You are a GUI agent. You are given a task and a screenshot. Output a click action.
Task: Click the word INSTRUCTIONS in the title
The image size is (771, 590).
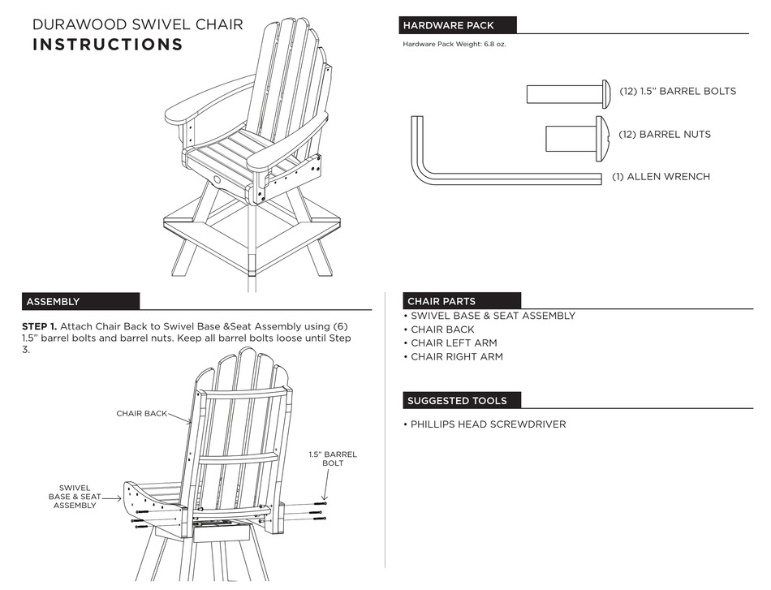[x=107, y=45]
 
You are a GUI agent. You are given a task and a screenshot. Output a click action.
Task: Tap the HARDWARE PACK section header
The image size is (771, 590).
[x=449, y=26]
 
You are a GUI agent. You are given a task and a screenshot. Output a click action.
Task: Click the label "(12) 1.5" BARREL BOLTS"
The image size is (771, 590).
[x=678, y=92]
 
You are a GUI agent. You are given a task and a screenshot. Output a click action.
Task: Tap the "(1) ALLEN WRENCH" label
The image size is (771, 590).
[x=661, y=177]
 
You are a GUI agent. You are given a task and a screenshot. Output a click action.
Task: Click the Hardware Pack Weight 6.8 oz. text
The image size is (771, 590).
[x=454, y=45]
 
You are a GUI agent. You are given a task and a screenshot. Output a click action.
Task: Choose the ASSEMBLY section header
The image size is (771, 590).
[x=54, y=302]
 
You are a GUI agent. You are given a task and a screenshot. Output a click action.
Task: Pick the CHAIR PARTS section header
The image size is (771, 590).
[x=441, y=301]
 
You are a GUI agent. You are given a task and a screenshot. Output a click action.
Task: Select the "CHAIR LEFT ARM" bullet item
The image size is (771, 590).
[x=454, y=343]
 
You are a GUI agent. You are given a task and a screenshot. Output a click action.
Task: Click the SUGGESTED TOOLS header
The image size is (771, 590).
[x=457, y=401]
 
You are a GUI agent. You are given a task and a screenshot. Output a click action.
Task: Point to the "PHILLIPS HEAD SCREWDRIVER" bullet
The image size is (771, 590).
[x=488, y=424]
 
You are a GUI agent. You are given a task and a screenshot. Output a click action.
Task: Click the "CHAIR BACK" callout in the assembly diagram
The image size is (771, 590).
[x=141, y=413]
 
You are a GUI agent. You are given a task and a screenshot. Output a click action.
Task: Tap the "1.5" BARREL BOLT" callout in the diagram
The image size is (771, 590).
[x=333, y=459]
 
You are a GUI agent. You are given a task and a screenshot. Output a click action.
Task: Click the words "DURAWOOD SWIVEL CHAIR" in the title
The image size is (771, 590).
[x=137, y=24]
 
